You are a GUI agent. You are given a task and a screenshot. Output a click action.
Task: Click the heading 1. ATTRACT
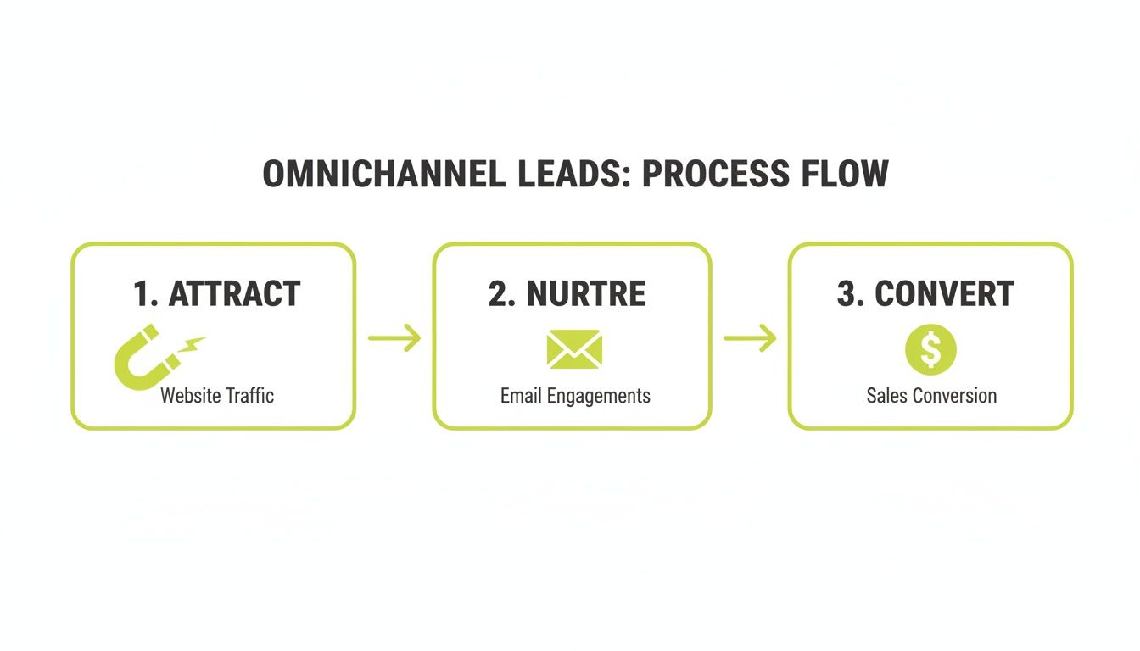coord(217,294)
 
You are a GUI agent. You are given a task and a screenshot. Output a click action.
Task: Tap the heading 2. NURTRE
coord(567,294)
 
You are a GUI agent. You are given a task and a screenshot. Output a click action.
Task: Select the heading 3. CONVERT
coord(925,294)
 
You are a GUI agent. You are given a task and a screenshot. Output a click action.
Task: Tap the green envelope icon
coord(574,349)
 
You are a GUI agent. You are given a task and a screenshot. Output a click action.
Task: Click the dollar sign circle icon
coord(930,350)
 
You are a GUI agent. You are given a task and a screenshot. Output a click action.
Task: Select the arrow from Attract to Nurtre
coord(394,337)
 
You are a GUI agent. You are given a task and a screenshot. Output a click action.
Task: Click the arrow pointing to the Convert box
coord(750,337)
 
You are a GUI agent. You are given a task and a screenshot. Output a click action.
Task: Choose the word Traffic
coord(250,395)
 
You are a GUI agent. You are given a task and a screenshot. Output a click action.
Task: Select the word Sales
coord(886,395)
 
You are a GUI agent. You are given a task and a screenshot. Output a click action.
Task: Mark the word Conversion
coord(954,395)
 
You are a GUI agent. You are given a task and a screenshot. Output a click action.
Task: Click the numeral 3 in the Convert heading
coord(847,294)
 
